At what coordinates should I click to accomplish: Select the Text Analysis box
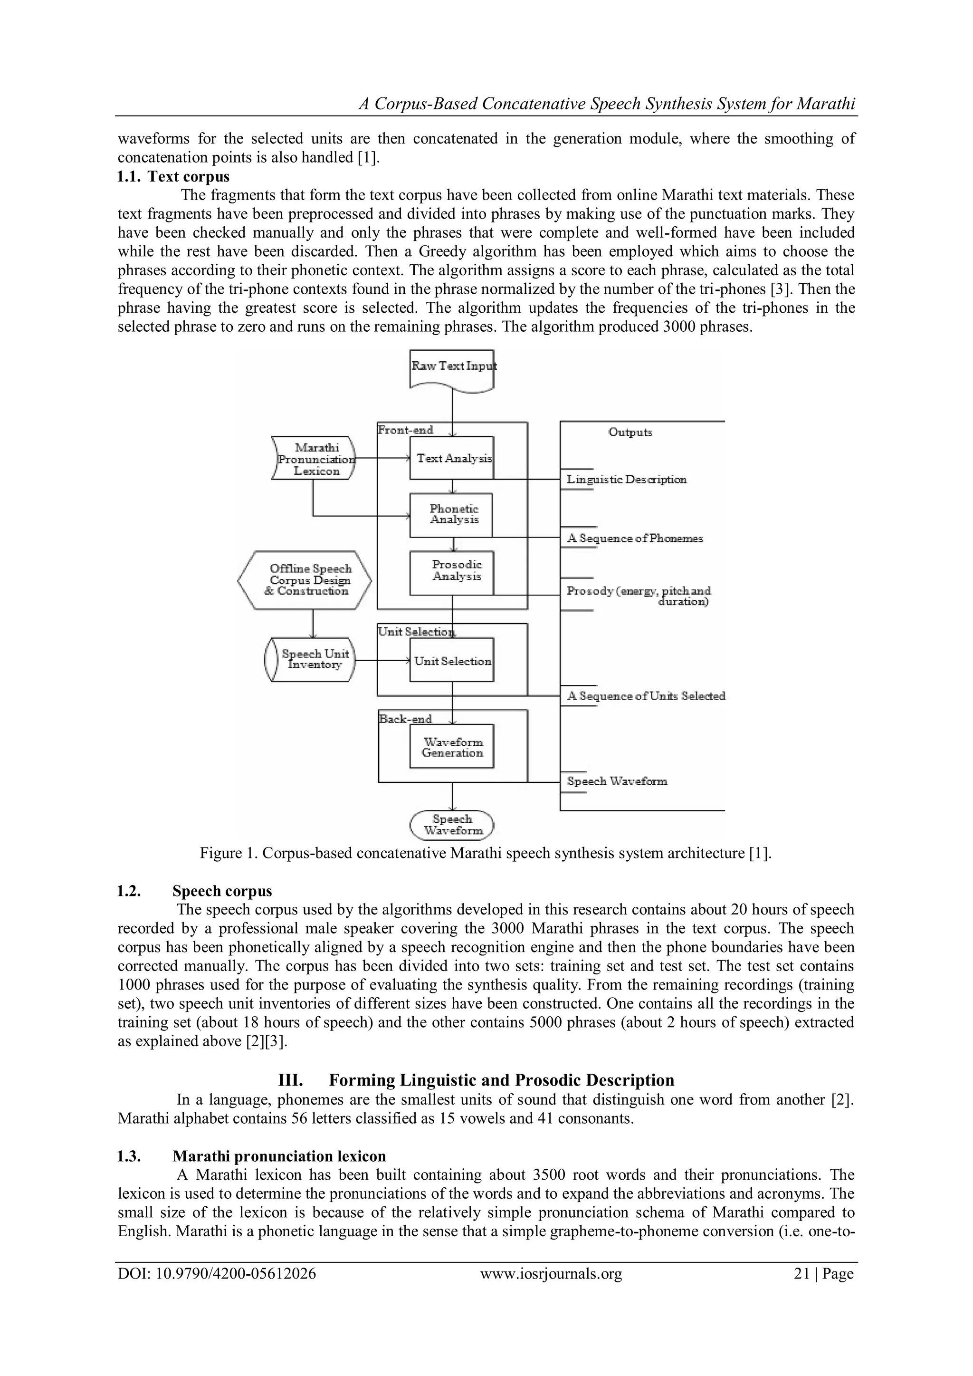tap(452, 458)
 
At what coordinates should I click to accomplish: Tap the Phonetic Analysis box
tap(452, 515)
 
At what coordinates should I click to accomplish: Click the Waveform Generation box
tap(452, 747)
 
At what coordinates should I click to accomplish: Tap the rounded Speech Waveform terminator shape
tap(452, 825)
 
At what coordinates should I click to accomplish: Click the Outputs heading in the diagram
tap(630, 432)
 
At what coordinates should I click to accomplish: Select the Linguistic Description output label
tap(626, 480)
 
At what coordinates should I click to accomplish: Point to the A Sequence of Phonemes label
tap(634, 538)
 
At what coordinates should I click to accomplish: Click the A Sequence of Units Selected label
tap(646, 696)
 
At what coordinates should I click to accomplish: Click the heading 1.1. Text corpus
tap(173, 177)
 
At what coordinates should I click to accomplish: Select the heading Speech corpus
tap(222, 891)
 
